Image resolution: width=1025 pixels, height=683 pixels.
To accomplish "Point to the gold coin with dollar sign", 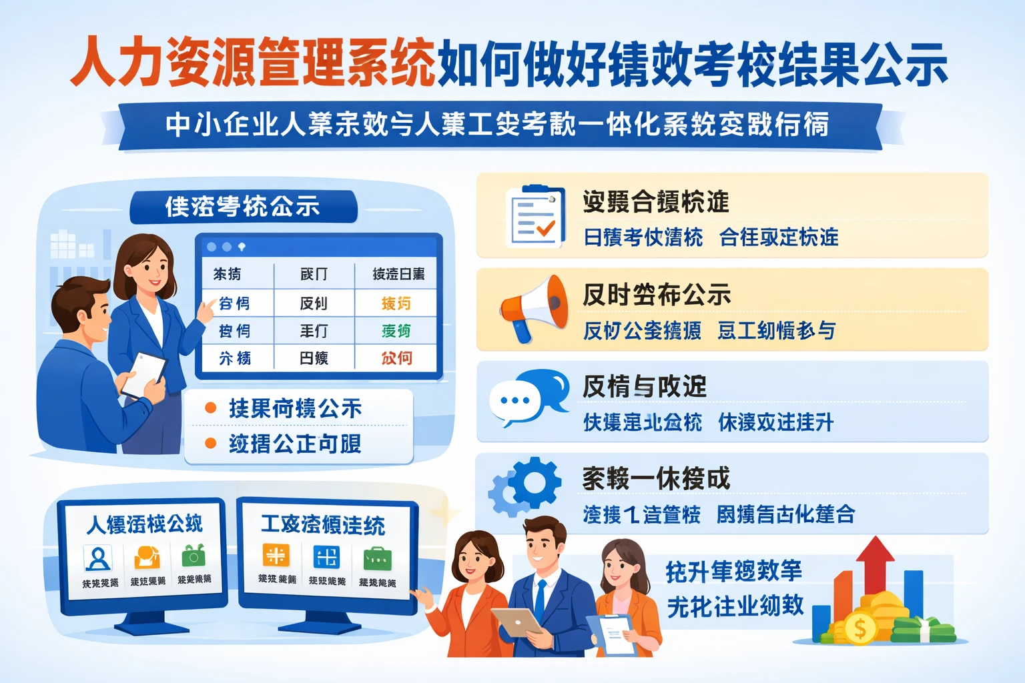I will (x=860, y=628).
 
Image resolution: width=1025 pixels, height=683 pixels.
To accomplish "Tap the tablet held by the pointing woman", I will (x=144, y=374).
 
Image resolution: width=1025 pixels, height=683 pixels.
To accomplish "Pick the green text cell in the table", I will (x=396, y=331).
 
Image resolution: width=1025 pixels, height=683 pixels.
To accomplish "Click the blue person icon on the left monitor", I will (x=98, y=557).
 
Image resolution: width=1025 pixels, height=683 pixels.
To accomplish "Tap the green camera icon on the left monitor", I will (x=194, y=556).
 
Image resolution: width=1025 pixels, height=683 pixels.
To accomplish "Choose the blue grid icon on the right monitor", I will (x=326, y=556).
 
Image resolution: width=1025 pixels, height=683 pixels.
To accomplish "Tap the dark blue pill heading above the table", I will (x=243, y=207).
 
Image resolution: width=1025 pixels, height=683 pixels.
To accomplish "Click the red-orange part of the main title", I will (x=254, y=63).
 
